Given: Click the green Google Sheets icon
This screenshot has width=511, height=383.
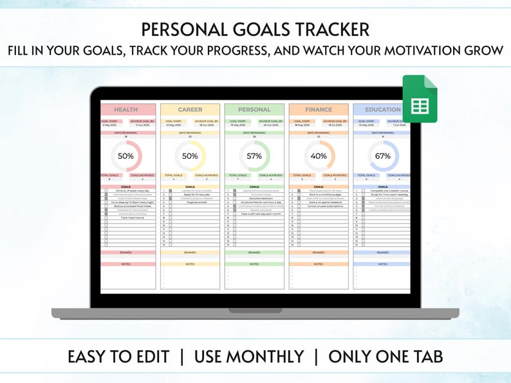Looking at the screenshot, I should tap(420, 98).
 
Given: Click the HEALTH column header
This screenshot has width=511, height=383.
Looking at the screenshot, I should tap(125, 110).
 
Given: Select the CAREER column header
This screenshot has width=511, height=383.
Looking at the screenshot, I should tap(190, 110).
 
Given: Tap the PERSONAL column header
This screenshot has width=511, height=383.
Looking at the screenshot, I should tap(254, 110).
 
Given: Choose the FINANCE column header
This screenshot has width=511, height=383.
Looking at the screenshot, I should tap(319, 110).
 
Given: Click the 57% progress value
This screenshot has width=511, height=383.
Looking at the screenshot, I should tap(254, 156).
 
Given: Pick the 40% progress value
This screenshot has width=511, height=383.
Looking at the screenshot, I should tap(319, 156).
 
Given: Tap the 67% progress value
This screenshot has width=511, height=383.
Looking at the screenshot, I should tap(383, 156).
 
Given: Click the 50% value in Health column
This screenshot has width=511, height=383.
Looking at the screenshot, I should tap(125, 156).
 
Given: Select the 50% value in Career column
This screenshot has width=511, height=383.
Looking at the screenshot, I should tap(190, 156).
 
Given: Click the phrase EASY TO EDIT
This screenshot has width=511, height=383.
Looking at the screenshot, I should tap(118, 357).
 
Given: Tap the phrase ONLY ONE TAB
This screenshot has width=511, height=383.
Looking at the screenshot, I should tap(385, 357).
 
